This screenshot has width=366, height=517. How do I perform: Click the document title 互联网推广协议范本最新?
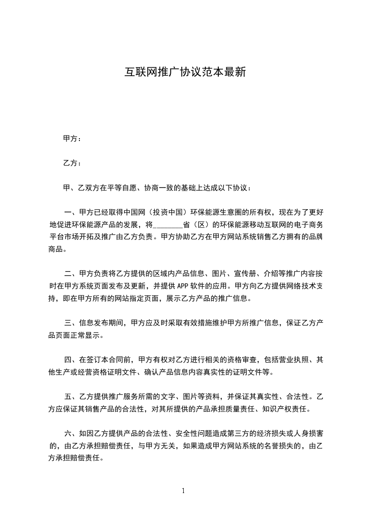pos(183,72)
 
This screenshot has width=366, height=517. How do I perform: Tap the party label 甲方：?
pos(72,138)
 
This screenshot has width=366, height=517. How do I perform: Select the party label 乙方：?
pos(72,163)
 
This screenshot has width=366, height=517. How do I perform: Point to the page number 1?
pos(183,491)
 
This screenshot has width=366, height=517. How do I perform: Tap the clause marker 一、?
pos(71,212)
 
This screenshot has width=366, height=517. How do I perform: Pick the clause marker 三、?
pos(71,322)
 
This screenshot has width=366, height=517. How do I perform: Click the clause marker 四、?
pos(71,359)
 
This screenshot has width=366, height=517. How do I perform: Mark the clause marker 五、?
pos(71,396)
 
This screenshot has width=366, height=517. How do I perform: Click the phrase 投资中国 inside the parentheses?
pos(168,212)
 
